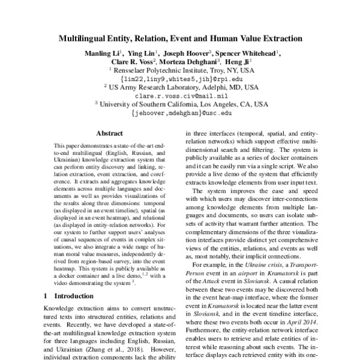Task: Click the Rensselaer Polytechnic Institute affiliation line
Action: pyautogui.click(x=181, y=70)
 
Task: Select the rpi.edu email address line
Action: pyautogui.click(x=179, y=78)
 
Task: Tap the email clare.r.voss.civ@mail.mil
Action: pyautogui.click(x=179, y=95)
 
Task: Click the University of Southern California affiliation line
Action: pyautogui.click(x=181, y=103)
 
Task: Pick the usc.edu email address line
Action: pyautogui.click(x=179, y=112)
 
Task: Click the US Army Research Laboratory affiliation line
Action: pyautogui.click(x=181, y=86)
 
